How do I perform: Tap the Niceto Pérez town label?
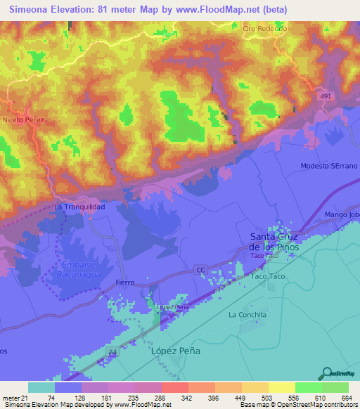click(23, 120)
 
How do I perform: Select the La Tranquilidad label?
click(80, 207)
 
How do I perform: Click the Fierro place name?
click(125, 283)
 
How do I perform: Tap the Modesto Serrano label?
click(328, 166)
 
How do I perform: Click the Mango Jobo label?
click(342, 214)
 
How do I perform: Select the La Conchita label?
click(247, 315)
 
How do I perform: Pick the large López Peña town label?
click(176, 351)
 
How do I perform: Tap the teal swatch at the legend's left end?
click(41, 387)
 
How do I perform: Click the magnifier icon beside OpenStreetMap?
click(326, 373)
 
